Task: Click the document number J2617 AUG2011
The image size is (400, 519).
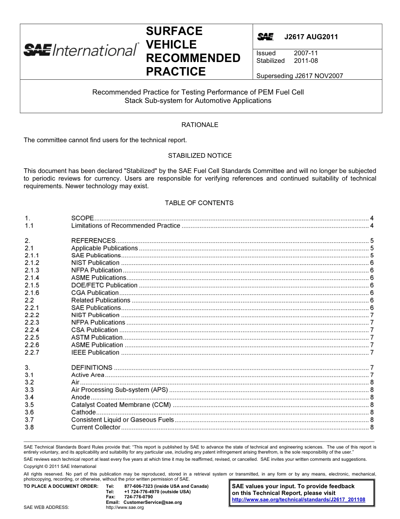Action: (x=311, y=37)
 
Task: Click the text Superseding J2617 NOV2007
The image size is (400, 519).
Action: (x=299, y=76)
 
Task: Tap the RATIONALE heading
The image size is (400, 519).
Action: (x=200, y=125)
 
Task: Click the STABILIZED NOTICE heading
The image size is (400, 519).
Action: (x=200, y=156)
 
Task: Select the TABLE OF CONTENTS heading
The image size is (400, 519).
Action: (x=199, y=203)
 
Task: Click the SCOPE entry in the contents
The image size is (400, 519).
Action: (x=83, y=218)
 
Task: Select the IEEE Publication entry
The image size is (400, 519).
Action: (x=95, y=352)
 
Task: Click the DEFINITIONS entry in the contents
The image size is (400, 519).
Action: (x=92, y=368)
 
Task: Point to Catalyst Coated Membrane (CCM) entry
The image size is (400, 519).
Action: (x=121, y=405)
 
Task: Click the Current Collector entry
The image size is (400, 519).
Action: (x=96, y=427)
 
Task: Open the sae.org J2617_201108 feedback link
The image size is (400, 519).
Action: (x=299, y=500)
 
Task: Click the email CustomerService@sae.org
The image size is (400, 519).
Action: (x=152, y=502)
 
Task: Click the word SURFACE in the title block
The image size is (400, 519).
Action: (x=174, y=31)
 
